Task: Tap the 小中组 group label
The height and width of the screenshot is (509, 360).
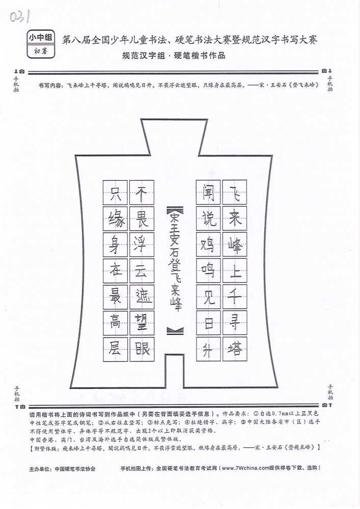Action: [x=41, y=38]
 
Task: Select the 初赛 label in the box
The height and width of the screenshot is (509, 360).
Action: [x=41, y=51]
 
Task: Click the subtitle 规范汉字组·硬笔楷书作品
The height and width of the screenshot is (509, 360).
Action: [x=174, y=55]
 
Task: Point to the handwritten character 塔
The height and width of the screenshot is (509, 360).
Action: [x=235, y=349]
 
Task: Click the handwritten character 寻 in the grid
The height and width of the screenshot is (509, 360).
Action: [x=235, y=323]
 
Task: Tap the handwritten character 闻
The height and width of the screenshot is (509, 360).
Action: [x=208, y=192]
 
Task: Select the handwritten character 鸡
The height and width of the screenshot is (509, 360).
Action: [x=208, y=245]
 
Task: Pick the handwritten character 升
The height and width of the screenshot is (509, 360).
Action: [x=208, y=350]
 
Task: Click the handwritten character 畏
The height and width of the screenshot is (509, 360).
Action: [x=142, y=219]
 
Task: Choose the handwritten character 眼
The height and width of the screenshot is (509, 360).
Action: [x=142, y=349]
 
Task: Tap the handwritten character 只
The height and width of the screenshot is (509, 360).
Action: [x=115, y=193]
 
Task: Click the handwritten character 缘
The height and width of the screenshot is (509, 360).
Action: [x=116, y=219]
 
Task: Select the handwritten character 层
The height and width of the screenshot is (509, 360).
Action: [x=115, y=349]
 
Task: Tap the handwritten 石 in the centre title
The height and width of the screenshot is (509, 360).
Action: [x=175, y=251]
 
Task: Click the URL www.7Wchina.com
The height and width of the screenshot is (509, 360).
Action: [x=246, y=468]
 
